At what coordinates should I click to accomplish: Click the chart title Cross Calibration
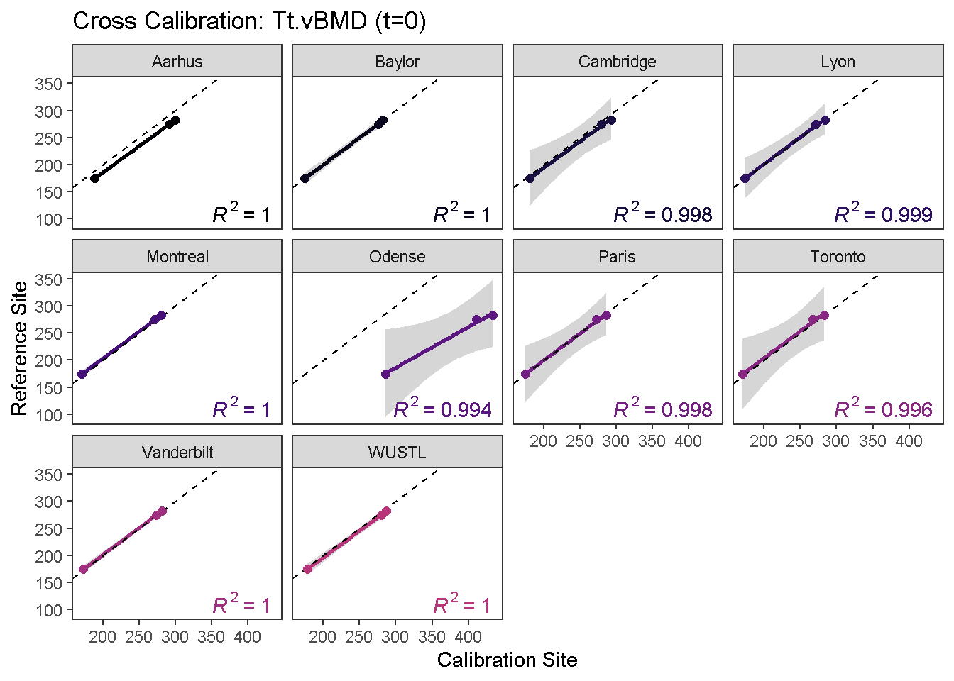[x=249, y=21]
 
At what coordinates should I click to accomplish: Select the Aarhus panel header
[x=177, y=62]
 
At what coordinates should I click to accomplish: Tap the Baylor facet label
[x=397, y=62]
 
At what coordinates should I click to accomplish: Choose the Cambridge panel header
[x=617, y=62]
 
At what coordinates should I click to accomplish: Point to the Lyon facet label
[x=838, y=62]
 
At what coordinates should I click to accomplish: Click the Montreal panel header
[x=177, y=257]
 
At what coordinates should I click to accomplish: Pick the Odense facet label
[x=397, y=257]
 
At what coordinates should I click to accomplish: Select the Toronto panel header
[x=838, y=257]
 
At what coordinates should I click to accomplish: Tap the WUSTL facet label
[x=397, y=453]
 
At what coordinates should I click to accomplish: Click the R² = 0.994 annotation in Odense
[x=442, y=409]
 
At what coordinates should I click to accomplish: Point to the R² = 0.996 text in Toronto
[x=883, y=409]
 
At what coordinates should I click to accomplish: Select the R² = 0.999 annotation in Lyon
[x=883, y=214]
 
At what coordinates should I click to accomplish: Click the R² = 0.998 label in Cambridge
[x=663, y=214]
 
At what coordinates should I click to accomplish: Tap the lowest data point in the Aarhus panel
[x=94, y=178]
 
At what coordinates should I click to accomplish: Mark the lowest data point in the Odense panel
[x=385, y=374]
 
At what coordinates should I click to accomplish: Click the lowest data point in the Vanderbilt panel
[x=83, y=569]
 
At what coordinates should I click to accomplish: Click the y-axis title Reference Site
[x=20, y=348]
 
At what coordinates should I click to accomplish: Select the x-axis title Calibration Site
[x=507, y=660]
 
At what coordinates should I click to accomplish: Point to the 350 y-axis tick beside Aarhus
[x=48, y=84]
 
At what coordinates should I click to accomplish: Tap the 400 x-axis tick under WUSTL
[x=468, y=637]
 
